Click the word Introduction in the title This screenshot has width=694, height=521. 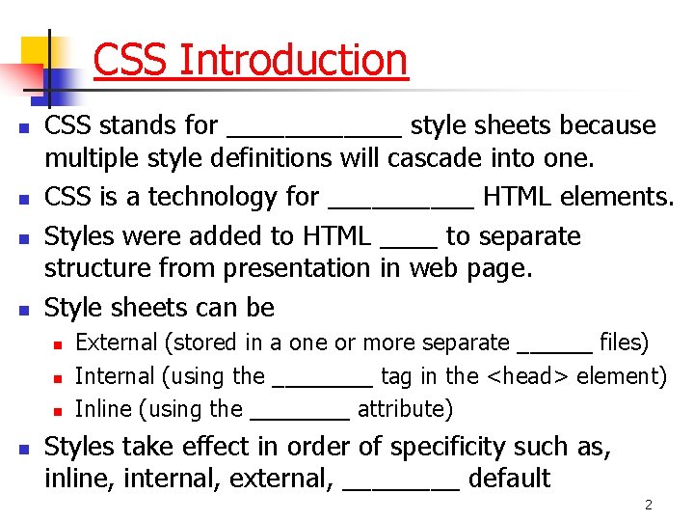pyautogui.click(x=293, y=60)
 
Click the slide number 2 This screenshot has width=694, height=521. pyautogui.click(x=649, y=506)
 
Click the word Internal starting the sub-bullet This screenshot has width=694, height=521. pyautogui.click(x=114, y=376)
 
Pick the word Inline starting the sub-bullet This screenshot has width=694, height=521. pyautogui.click(x=104, y=409)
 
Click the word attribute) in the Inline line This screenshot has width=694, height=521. pyautogui.click(x=405, y=410)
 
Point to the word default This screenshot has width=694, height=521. pyautogui.click(x=509, y=479)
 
